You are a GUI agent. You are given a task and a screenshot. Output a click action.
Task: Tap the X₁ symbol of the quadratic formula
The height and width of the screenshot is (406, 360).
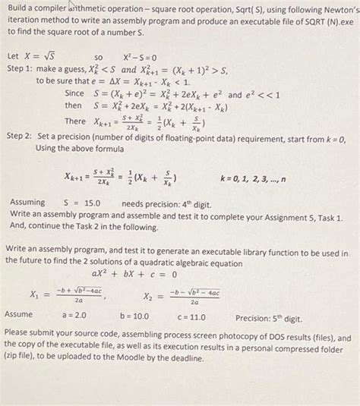(35, 294)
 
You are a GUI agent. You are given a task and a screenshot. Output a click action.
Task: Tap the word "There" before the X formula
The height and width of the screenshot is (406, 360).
(75, 121)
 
